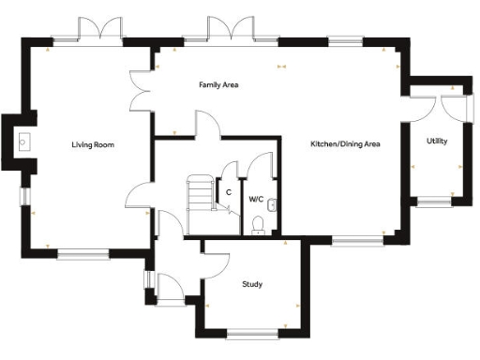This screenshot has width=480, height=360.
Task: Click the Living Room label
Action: pyautogui.click(x=92, y=145)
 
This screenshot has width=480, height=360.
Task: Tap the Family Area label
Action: pyautogui.click(x=218, y=85)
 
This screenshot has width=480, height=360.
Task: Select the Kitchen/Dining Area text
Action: pyautogui.click(x=345, y=144)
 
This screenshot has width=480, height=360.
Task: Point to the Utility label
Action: pyautogui.click(x=437, y=142)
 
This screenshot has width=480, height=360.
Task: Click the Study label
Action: pyautogui.click(x=251, y=284)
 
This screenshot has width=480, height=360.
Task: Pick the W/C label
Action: pyautogui.click(x=255, y=199)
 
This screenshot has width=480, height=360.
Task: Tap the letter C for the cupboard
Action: pyautogui.click(x=228, y=192)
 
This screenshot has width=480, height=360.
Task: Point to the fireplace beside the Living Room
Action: pyautogui.click(x=22, y=142)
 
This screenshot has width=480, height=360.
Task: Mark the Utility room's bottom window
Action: pyautogui.click(x=435, y=201)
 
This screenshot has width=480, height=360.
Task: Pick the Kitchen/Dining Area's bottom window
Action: pyautogui.click(x=356, y=243)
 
